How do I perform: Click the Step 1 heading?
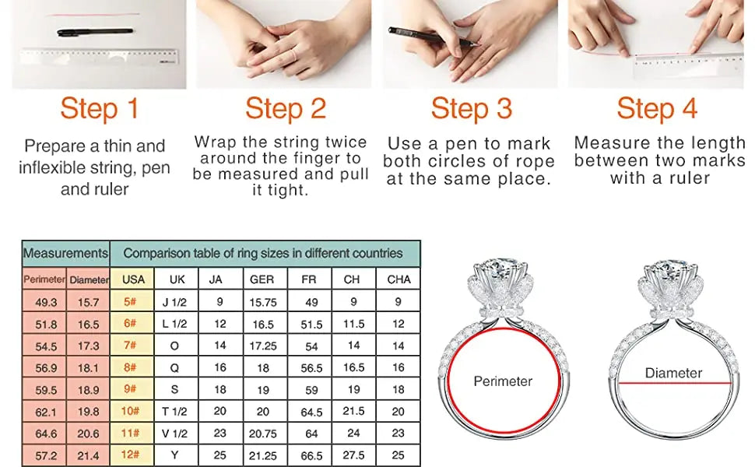click(99, 108)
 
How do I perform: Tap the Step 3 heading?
click(471, 108)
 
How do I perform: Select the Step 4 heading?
click(657, 108)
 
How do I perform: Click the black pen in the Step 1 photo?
click(94, 33)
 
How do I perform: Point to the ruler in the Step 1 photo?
click(99, 57)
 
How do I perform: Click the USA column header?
click(133, 279)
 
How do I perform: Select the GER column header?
click(262, 279)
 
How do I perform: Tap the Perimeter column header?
click(44, 279)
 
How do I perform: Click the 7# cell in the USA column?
click(131, 346)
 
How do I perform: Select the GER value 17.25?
click(262, 346)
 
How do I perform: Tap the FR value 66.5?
click(311, 455)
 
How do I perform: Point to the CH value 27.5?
click(354, 455)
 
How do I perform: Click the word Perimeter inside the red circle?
click(503, 381)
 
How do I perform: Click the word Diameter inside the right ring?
click(673, 373)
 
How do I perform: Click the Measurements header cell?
click(65, 253)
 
